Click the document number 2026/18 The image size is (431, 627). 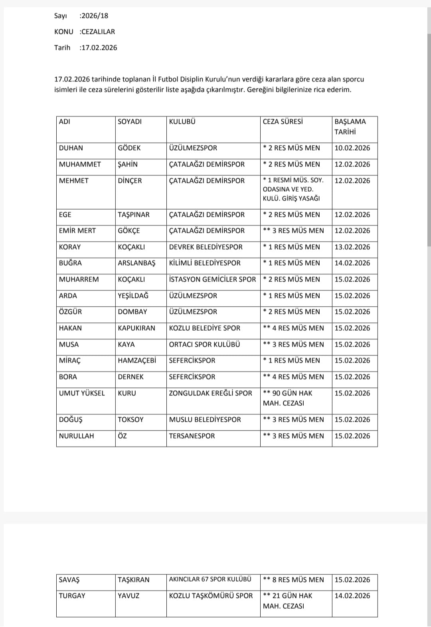(95, 16)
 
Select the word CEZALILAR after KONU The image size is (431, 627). (98, 32)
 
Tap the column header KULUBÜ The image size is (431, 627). (182, 122)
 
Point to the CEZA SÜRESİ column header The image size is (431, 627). (283, 122)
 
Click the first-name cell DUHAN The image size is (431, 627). (71, 148)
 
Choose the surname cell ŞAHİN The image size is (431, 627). (128, 165)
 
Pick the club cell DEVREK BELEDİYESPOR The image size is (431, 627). (206, 247)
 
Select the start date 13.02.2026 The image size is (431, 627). (352, 247)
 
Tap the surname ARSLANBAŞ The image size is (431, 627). (136, 263)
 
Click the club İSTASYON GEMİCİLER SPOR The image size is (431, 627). (212, 280)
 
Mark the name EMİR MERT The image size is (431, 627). (77, 231)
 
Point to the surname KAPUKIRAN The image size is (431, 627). (136, 328)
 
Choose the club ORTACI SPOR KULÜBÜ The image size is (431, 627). (204, 345)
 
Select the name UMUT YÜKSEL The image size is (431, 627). (82, 393)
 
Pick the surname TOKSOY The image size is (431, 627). (130, 420)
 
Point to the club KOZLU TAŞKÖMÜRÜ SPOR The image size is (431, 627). (211, 596)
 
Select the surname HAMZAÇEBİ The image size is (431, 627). (137, 361)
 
